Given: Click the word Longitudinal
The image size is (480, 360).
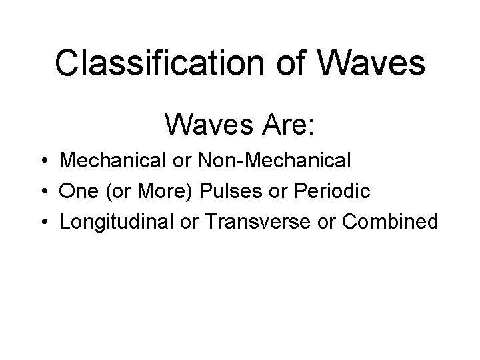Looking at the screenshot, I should coord(117,221).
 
